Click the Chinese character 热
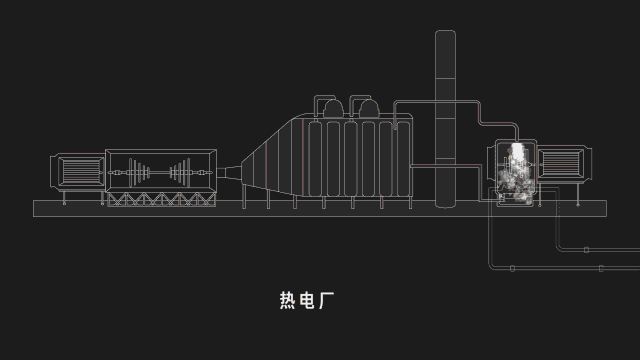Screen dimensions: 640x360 pos(287,300)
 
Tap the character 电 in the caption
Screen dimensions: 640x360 pos(307,300)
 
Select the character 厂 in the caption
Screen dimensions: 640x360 pos(327,300)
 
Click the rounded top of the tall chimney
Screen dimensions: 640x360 pos(445,33)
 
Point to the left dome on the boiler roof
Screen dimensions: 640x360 pos(333,108)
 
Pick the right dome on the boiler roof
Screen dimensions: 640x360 pos(369,108)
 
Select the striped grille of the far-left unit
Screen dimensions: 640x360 pos(81,171)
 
